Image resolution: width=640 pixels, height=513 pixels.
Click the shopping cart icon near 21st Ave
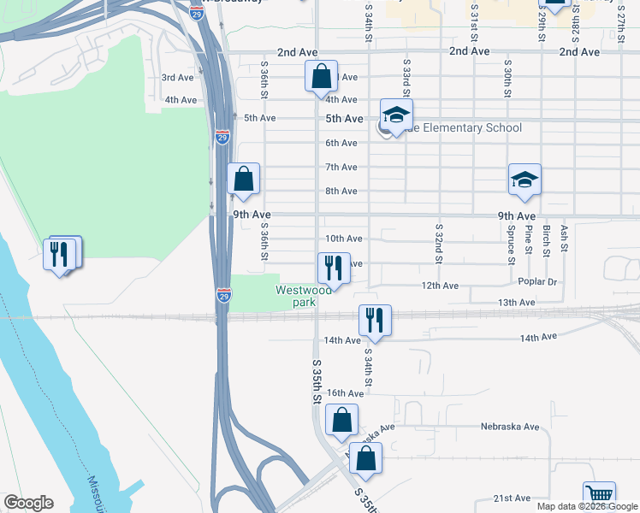pyautogui.click(x=599, y=496)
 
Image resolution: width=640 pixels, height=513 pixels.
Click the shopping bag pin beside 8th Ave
pyautogui.click(x=244, y=179)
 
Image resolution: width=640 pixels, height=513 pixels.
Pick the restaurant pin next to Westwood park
pyautogui.click(x=331, y=267)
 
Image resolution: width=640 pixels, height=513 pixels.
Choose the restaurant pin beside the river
pyautogui.click(x=61, y=253)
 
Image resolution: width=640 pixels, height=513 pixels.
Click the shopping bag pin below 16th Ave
pyautogui.click(x=341, y=421)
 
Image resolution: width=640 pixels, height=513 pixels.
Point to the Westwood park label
pyautogui.click(x=303, y=296)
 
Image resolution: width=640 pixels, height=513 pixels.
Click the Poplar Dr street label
pyautogui.click(x=537, y=281)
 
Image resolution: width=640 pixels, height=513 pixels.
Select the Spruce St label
pyautogui.click(x=511, y=239)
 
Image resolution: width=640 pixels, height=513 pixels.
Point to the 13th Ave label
pyautogui.click(x=516, y=303)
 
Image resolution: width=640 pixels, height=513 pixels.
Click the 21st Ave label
pyautogui.click(x=513, y=498)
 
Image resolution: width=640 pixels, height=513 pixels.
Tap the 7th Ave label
pyautogui.click(x=341, y=167)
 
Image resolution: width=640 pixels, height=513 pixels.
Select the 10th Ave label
pyautogui.click(x=344, y=239)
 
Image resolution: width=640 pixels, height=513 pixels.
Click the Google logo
pyautogui.click(x=28, y=503)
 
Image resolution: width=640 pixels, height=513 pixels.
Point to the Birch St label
pyautogui.click(x=546, y=240)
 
